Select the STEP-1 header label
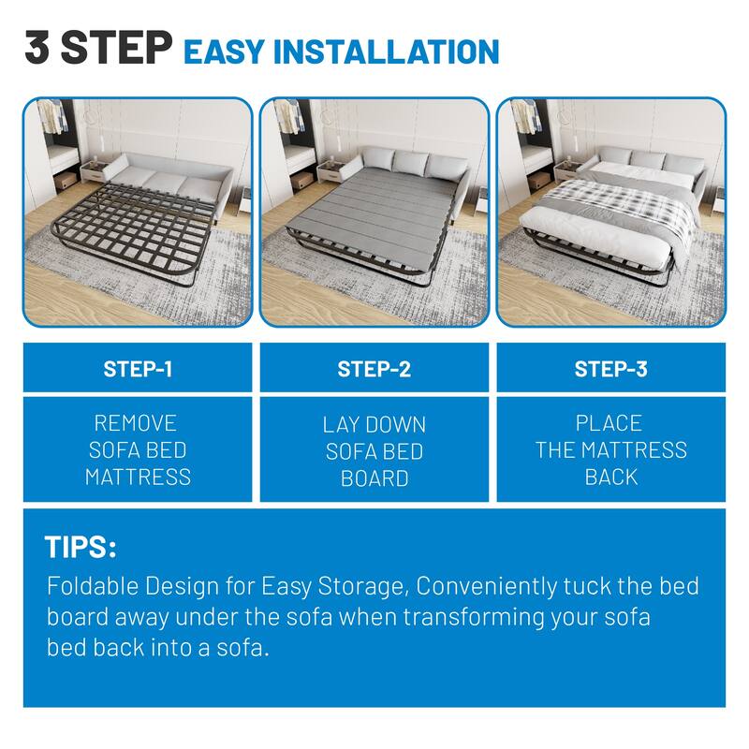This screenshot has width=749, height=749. pos(138,369)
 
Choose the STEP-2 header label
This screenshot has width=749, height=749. pos(374,369)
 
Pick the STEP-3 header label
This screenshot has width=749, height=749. pos(610,369)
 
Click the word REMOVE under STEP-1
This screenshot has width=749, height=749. pos(136,423)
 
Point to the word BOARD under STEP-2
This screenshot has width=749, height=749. pos(374,478)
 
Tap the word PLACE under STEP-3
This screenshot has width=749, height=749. pos(609,423)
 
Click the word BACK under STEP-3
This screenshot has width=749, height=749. pos(610,477)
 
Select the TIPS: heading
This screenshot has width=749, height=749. pos(80,548)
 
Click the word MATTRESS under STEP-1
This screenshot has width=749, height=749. pos(138,477)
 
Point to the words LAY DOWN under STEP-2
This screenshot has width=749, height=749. pos(374,424)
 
